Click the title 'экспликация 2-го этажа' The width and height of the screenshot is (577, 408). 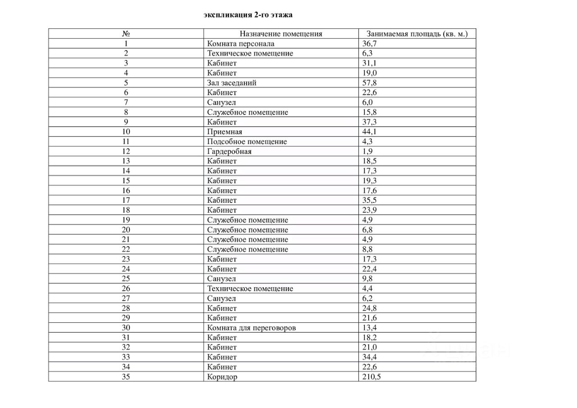(x=248, y=15)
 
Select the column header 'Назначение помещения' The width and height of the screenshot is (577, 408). (x=281, y=34)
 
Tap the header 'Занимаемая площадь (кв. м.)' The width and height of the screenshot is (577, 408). (x=417, y=34)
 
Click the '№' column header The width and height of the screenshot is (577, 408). (x=126, y=34)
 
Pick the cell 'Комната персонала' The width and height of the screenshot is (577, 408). (x=241, y=44)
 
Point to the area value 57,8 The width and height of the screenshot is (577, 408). (x=369, y=83)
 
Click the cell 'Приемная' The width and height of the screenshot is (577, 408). (x=224, y=132)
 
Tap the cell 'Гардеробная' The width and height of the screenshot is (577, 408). (x=229, y=151)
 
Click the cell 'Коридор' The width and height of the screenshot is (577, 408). (x=222, y=377)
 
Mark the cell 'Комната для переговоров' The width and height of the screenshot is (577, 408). (x=252, y=328)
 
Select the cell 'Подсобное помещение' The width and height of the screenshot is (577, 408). (x=247, y=142)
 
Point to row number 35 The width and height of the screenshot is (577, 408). (x=126, y=377)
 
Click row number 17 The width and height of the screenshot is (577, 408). (x=126, y=200)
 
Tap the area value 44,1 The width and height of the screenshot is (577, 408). (x=369, y=132)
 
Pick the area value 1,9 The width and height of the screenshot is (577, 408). (x=367, y=151)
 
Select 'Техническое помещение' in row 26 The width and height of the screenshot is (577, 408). (x=250, y=289)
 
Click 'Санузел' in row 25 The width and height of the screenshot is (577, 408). (x=222, y=279)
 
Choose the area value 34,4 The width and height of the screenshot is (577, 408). (x=369, y=357)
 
